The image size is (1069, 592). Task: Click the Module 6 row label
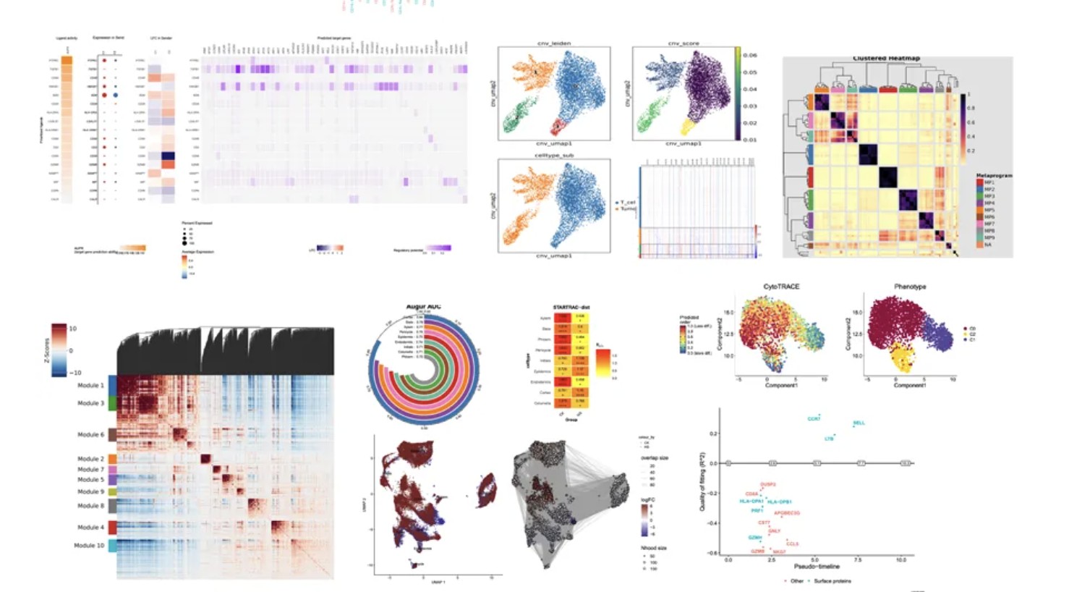(90, 434)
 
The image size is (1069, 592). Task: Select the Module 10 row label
(89, 545)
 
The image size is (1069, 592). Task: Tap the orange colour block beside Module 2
(113, 459)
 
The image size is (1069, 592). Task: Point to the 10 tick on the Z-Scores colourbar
(73, 329)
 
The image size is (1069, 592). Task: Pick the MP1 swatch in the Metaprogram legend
(979, 182)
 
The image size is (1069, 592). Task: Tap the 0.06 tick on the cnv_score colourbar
(750, 55)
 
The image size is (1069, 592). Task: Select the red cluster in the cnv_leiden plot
(559, 126)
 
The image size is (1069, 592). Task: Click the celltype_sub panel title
(554, 156)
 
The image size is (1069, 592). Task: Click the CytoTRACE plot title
(781, 287)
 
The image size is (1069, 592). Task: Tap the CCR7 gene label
(814, 419)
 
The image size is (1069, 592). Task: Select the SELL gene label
(859, 423)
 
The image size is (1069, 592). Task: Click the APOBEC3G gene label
(787, 513)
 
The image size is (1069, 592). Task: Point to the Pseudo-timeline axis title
(817, 566)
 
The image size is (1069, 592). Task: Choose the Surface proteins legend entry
(832, 581)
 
